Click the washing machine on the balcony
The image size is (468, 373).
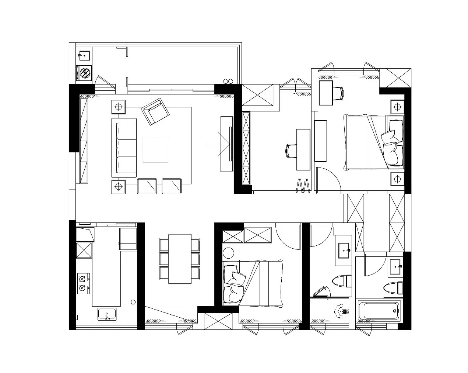coord(85,73)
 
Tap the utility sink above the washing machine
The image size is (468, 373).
coord(84,56)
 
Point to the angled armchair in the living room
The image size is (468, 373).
coord(155,111)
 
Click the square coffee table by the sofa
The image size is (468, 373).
coord(155,149)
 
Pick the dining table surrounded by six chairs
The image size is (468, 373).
coord(180,259)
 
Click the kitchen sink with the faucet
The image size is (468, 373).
coord(107,314)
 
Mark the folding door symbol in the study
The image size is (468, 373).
coord(303,186)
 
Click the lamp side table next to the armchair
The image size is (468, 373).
coord(118,107)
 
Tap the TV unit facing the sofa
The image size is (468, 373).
coord(226,144)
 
